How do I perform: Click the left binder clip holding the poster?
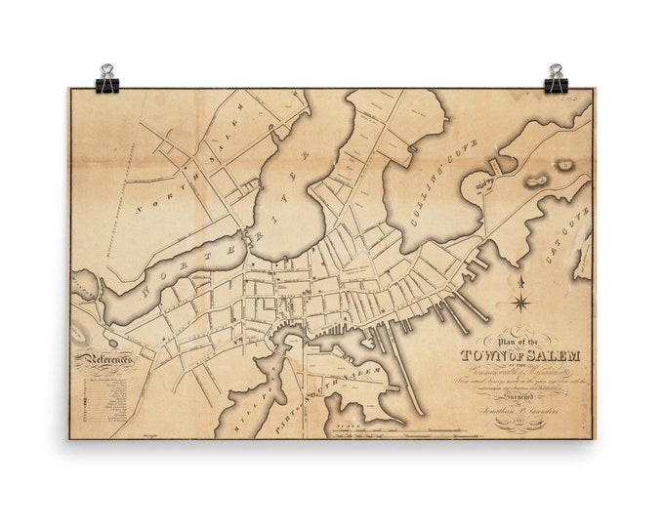pyautogui.click(x=106, y=79)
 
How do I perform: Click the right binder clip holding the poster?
pyautogui.click(x=556, y=79)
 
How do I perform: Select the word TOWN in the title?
pyautogui.click(x=482, y=355)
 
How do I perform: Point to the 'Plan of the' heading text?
pyautogui.click(x=517, y=339)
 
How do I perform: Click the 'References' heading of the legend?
pyautogui.click(x=106, y=360)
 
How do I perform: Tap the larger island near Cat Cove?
pyautogui.click(x=538, y=180)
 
